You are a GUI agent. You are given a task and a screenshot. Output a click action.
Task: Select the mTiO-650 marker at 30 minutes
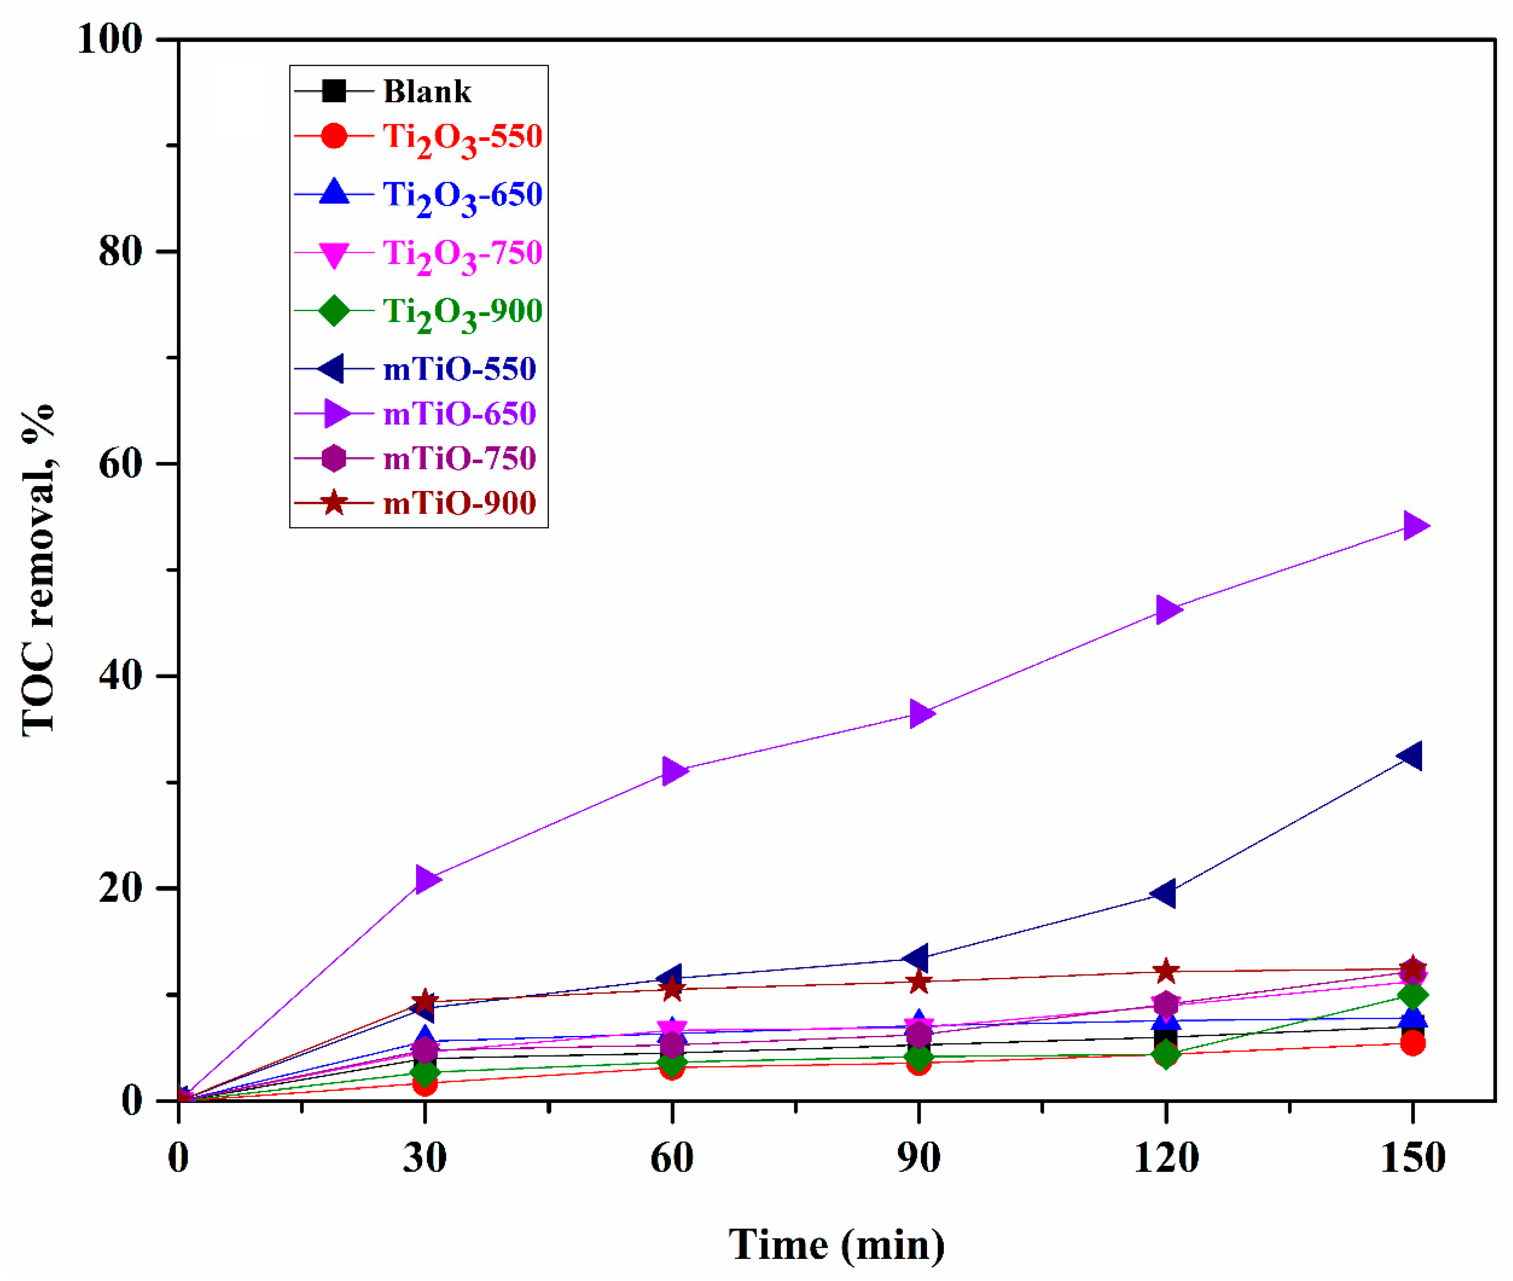[427, 880]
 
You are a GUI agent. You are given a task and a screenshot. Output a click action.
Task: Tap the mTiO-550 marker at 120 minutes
[1164, 893]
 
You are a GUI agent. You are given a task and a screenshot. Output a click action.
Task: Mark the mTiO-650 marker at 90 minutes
[921, 714]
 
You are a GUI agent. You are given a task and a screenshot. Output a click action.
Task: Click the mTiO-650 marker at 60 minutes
[674, 771]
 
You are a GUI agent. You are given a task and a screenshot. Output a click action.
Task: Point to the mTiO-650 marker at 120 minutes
[1167, 609]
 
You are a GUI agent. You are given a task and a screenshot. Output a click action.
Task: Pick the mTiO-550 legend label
[459, 370]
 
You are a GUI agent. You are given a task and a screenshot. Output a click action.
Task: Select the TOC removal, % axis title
[38, 570]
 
